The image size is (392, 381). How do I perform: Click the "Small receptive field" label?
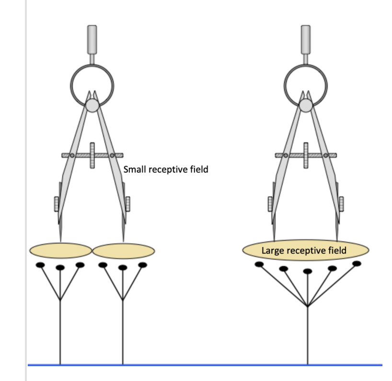pos(166,169)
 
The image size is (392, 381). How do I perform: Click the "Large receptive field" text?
pos(304,250)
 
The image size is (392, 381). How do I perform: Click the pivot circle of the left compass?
pos(92,104)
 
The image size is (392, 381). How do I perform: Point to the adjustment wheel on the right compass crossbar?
pos(306,155)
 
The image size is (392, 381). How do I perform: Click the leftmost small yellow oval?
pos(60,250)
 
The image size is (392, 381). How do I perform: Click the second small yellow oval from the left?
pos(124,250)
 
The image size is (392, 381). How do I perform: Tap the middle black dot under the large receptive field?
pos(308,271)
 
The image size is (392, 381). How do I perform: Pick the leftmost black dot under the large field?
pos(259,264)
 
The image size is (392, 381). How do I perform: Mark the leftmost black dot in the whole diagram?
pos(41,265)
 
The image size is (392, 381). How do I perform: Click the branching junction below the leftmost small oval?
pos(60,300)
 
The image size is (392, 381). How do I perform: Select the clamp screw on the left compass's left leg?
pos(57,203)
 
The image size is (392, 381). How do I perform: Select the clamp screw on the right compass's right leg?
pos(341,203)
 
